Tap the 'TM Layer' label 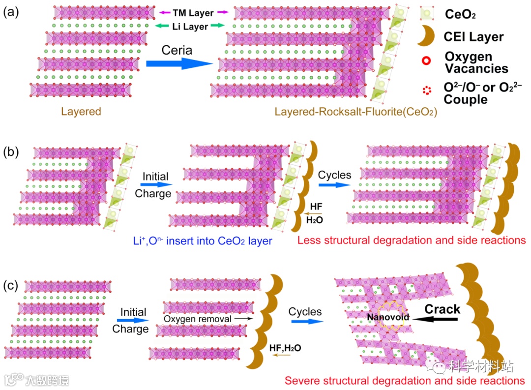193,13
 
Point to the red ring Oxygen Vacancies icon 427,61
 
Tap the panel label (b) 11,150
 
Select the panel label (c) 11,285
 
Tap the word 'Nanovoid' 388,317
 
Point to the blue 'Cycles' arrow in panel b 335,185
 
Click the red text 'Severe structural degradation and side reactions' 405,380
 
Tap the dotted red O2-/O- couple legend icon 427,90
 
